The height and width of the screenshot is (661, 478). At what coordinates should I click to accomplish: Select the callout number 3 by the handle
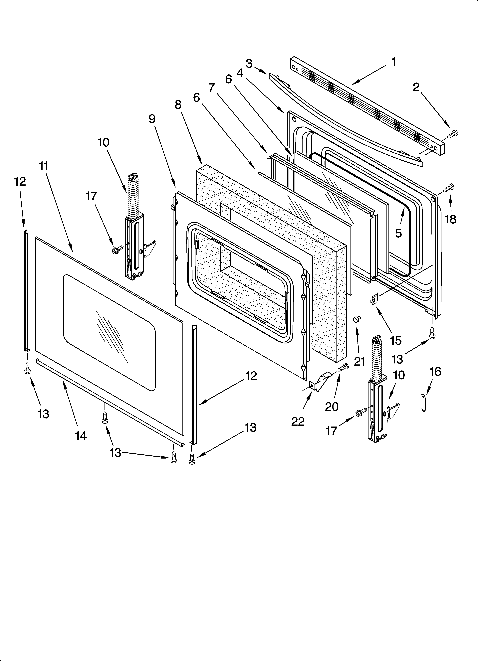249,63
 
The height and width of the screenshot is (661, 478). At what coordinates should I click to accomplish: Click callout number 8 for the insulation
178,104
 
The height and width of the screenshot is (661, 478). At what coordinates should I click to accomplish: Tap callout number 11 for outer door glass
44,166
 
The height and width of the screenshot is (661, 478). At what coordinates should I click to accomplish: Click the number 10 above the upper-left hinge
103,142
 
